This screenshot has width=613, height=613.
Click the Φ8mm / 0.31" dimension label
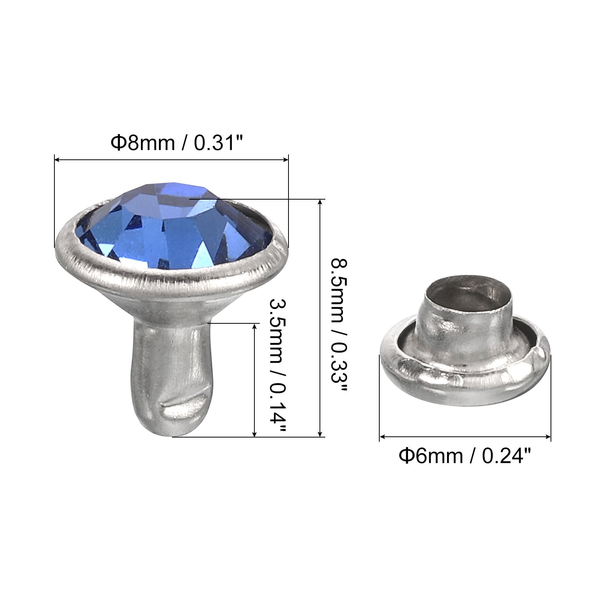pyautogui.click(x=177, y=143)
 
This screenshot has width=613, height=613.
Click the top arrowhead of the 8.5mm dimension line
pyautogui.click(x=320, y=203)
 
